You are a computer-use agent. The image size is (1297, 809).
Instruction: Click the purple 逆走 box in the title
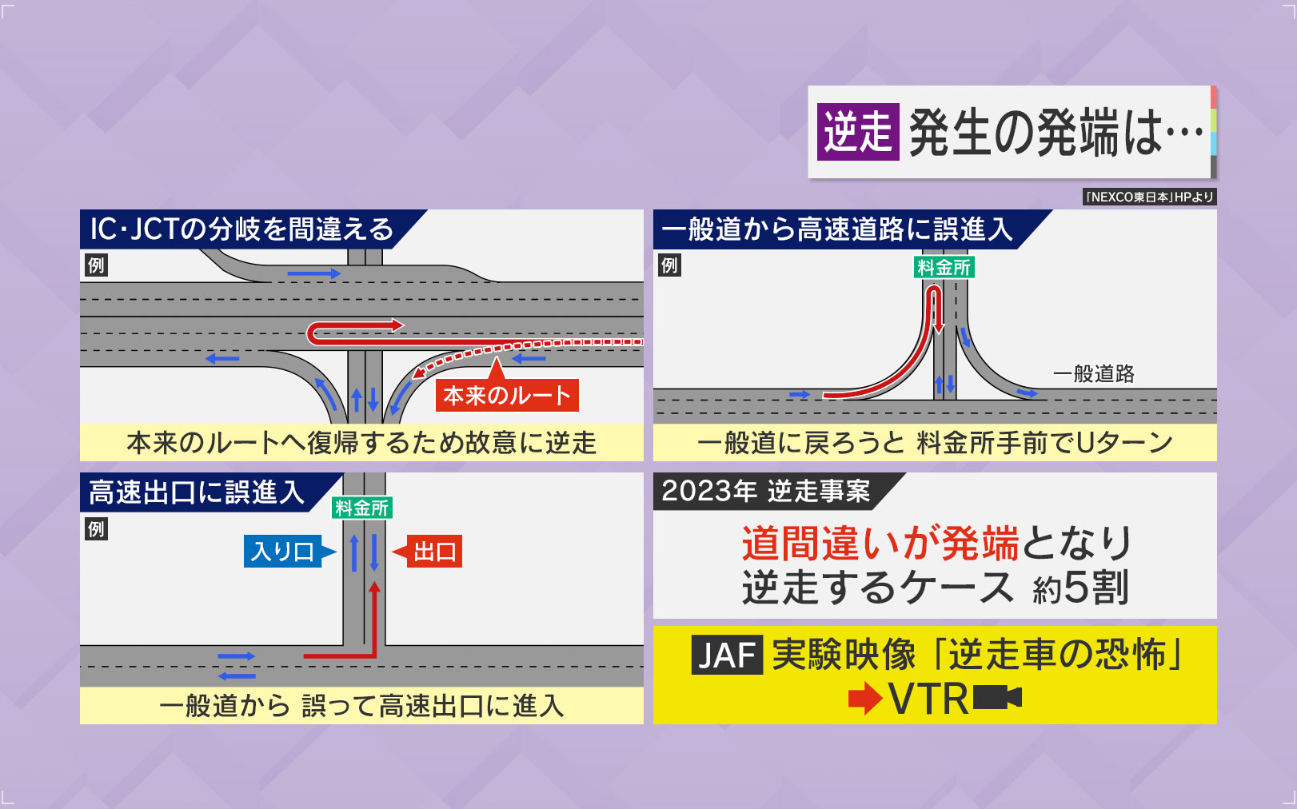click(858, 132)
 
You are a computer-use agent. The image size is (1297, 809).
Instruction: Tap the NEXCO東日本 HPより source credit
click(1149, 197)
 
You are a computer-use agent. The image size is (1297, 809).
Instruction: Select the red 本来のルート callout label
click(507, 395)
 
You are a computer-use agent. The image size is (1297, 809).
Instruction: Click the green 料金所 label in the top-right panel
click(944, 267)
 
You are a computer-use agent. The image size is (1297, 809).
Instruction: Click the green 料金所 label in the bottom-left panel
click(361, 508)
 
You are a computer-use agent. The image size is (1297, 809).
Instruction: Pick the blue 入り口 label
click(283, 552)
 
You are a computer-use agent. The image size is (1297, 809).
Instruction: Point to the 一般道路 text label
click(1093, 373)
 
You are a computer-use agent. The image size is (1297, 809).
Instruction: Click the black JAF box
click(727, 656)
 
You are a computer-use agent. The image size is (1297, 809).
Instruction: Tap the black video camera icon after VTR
click(996, 699)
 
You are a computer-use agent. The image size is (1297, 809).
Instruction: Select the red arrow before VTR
click(864, 699)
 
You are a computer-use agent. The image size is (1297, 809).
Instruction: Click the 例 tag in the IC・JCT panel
click(96, 265)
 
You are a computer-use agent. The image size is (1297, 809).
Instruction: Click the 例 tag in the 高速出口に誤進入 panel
click(96, 528)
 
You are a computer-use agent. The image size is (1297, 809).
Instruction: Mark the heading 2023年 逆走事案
click(765, 491)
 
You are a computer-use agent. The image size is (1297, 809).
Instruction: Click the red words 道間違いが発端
click(880, 544)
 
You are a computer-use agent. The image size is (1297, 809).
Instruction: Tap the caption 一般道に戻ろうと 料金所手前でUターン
click(935, 442)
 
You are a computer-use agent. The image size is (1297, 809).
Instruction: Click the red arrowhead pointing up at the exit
click(373, 588)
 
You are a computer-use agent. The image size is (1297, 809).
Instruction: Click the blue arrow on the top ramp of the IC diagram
click(313, 274)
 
